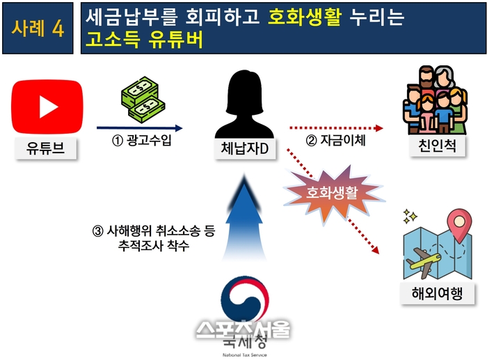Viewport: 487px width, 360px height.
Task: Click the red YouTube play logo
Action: pyautogui.click(x=47, y=107)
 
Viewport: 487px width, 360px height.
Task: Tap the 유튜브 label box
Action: pyautogui.click(x=46, y=148)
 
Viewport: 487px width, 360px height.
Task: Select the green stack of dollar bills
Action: pyautogui.click(x=142, y=100)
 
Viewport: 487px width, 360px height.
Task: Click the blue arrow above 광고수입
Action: pyautogui.click(x=139, y=127)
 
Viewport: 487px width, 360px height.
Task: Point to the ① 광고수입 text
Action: pyautogui.click(x=142, y=141)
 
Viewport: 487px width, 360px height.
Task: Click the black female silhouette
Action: pyautogui.click(x=244, y=104)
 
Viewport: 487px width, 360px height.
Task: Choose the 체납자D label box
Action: pyautogui.click(x=245, y=148)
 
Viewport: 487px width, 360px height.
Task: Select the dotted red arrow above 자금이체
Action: pyautogui.click(x=336, y=127)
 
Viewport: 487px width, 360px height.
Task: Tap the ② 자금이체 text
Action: pyautogui.click(x=336, y=141)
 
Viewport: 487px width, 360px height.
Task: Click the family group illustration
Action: pyautogui.click(x=435, y=100)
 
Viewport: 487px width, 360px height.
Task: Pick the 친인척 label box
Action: pyautogui.click(x=438, y=146)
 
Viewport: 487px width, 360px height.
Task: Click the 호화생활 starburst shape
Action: pyautogui.click(x=333, y=194)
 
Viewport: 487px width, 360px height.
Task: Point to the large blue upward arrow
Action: pyautogui.click(x=244, y=218)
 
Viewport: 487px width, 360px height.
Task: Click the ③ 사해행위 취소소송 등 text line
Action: pyautogui.click(x=154, y=230)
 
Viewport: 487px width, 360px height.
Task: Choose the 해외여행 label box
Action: pyautogui.click(x=438, y=293)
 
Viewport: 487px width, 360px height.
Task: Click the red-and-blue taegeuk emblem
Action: pyautogui.click(x=244, y=299)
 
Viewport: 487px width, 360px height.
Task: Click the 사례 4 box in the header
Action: pyautogui.click(x=38, y=29)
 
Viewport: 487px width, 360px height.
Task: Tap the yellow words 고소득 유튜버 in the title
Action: pyautogui.click(x=144, y=40)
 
